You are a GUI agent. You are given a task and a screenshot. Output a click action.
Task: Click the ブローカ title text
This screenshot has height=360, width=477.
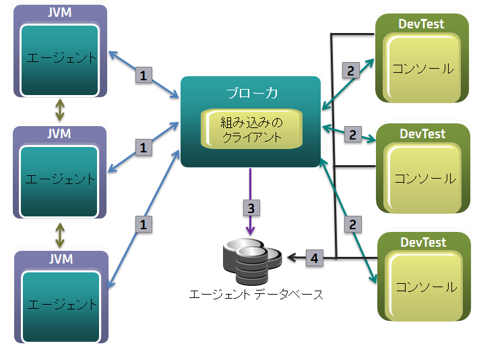point(251,93)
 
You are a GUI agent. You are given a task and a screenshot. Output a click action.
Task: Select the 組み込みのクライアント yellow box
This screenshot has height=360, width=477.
point(252,131)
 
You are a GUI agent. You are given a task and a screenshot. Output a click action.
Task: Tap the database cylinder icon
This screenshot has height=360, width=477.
point(251,264)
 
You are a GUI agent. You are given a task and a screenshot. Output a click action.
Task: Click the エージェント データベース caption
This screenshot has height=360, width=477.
point(257,295)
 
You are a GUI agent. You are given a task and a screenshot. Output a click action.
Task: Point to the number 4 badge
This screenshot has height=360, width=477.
point(314,257)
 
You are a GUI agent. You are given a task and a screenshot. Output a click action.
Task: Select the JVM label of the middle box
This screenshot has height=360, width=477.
point(60,133)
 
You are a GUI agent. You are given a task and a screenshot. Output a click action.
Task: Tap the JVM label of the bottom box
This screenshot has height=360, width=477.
point(60,258)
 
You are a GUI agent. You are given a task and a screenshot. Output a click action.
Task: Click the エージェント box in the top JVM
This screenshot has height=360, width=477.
point(61,59)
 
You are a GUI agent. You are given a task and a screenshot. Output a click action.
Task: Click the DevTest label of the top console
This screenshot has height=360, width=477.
point(422,24)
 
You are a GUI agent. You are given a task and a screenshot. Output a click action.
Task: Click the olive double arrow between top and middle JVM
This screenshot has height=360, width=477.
point(60,109)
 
